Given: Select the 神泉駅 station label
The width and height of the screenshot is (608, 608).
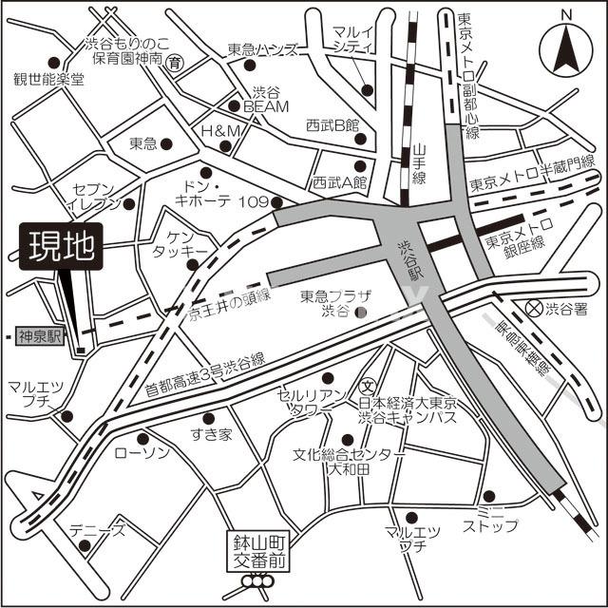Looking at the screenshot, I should (x=40, y=336).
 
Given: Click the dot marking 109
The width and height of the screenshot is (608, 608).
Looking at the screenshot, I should (x=276, y=202).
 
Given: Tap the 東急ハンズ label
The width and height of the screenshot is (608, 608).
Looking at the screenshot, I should (x=262, y=50).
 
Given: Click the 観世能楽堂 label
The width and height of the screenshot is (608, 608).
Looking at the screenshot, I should (x=47, y=79).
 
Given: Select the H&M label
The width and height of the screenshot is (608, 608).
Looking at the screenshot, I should (x=211, y=130).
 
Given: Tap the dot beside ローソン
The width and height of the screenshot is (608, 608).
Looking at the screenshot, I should (x=142, y=438).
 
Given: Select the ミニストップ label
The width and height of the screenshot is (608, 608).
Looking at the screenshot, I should (x=492, y=518).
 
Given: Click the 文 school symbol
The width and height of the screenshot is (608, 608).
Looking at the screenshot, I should (x=367, y=386).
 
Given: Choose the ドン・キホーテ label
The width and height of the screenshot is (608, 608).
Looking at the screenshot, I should (x=203, y=191).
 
